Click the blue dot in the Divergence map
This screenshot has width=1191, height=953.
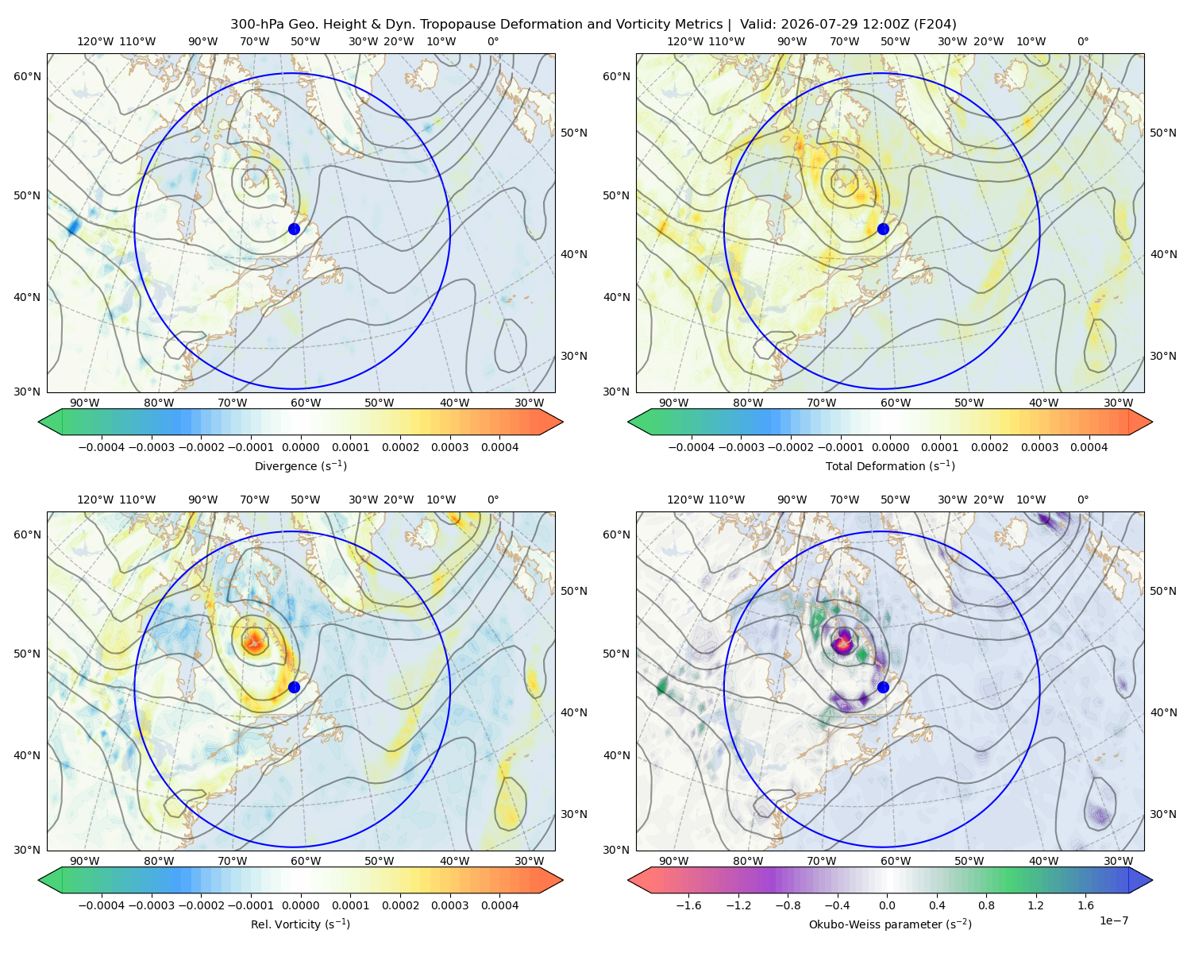294,229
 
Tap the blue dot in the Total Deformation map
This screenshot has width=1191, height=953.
883,229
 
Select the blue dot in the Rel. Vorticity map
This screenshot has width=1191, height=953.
294,687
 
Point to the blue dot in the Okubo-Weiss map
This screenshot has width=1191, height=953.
883,687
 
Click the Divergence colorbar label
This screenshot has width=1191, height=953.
300,465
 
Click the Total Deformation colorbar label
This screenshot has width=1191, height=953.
890,465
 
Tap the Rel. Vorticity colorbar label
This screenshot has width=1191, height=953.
300,924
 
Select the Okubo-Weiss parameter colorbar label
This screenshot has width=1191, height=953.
890,924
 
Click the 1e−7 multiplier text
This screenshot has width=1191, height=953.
1113,920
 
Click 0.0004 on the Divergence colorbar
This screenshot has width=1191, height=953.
499,447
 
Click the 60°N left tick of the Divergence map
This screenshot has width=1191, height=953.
27,76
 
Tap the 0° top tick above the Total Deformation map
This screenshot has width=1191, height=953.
1082,41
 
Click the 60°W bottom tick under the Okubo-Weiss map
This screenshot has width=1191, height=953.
896,861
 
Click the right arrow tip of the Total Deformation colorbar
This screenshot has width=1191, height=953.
1152,422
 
